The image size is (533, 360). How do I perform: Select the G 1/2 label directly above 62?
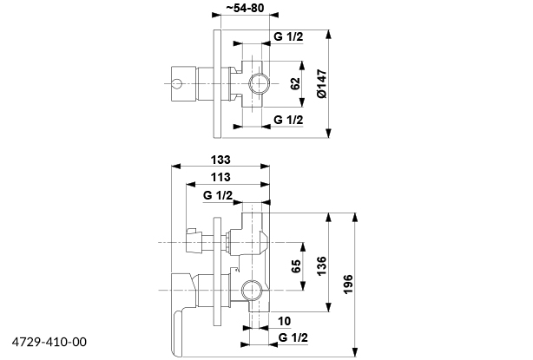pos(289,36)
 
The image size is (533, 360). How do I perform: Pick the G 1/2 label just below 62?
pos(289,119)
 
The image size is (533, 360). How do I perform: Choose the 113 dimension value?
pos(222,177)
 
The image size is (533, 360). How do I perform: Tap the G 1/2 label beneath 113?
pos(219,195)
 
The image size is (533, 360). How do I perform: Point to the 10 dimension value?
pos(284,321)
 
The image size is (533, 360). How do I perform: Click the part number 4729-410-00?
pos(50,343)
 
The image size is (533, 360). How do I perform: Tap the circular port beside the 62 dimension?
pos(258,84)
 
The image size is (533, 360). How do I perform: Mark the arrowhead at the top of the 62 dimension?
pos(301,63)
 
